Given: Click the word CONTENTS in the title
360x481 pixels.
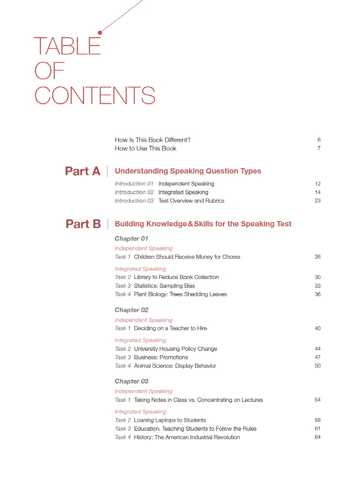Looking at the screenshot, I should [94, 95].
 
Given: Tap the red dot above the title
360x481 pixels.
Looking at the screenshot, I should [100, 32].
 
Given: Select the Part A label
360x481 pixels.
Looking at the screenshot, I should [83, 171].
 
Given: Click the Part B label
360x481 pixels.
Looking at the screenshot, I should [83, 224].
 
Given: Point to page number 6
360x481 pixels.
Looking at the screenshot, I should [319, 140].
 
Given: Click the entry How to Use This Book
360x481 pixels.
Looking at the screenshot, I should [146, 148].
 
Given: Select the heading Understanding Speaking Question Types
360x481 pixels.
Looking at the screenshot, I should [188, 171].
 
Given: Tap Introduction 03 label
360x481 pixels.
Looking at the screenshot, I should [134, 201].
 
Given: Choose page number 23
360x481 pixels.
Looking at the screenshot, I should [317, 201].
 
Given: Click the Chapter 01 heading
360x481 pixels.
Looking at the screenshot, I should [131, 239].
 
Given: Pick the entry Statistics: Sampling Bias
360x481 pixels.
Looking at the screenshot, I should [164, 286].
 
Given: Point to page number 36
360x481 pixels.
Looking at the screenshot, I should [317, 295].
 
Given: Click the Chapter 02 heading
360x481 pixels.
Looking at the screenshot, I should [131, 310].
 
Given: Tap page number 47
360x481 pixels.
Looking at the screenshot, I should [317, 357].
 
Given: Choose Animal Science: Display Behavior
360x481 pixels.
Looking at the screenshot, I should [175, 366].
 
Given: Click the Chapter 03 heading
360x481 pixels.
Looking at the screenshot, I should [131, 381].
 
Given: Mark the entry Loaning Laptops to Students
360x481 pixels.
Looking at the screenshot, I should [170, 420].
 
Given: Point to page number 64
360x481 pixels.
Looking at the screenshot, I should [317, 437].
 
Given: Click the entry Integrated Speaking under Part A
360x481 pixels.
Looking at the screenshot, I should [183, 193].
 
